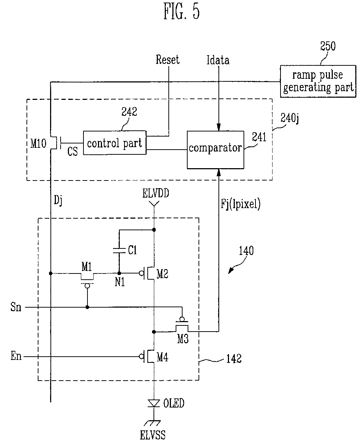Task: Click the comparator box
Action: (215, 150)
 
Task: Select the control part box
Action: (115, 143)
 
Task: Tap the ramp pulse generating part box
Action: (318, 81)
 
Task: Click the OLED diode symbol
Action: (154, 403)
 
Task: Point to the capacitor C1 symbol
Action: (119, 250)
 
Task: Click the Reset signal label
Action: (168, 60)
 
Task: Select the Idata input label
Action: (218, 60)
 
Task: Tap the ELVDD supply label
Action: (156, 193)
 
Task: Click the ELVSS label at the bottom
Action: (153, 435)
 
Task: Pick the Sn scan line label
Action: (16, 307)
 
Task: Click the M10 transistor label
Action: (38, 143)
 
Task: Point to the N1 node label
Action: (120, 282)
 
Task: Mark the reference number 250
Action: (328, 46)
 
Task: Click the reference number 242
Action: (129, 111)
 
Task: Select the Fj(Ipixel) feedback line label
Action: (241, 204)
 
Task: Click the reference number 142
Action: (234, 358)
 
